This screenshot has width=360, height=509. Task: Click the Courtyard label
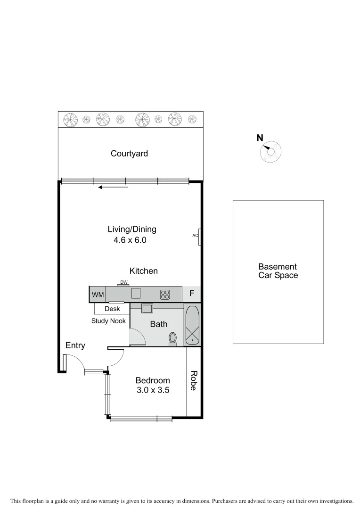tap(129, 154)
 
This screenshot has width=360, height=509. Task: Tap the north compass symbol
tap(270, 152)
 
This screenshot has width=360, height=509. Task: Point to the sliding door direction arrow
tap(113, 188)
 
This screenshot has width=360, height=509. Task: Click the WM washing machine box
tap(98, 295)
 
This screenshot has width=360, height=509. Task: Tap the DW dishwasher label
tap(123, 283)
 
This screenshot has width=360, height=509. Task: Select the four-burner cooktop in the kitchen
tap(165, 295)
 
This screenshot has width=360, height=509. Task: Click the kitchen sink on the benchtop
tap(136, 294)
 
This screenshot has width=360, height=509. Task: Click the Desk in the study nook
tap(112, 309)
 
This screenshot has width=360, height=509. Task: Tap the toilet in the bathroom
tap(173, 338)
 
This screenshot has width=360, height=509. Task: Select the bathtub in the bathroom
tap(192, 326)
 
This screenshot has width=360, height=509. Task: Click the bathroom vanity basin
tap(147, 309)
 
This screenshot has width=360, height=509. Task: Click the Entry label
tap(75, 345)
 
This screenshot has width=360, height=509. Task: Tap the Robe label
tap(194, 381)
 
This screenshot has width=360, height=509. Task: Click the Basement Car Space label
tap(278, 271)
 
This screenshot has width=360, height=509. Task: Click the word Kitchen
tap(144, 271)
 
